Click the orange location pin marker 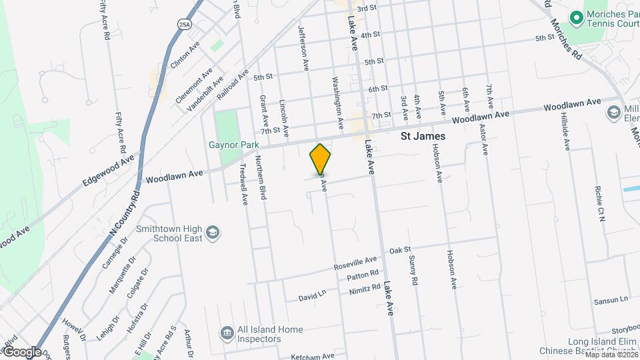tap(321, 159)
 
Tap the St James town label tap(423, 136)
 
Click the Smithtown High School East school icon tap(213, 232)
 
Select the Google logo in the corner tap(21, 352)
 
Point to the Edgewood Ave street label tap(108, 171)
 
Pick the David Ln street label tap(312, 295)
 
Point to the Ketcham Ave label tap(312, 357)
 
